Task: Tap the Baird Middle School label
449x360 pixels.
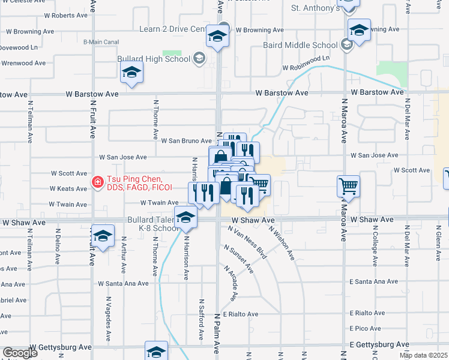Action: [x=300, y=45]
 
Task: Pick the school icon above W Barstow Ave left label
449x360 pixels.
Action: [x=131, y=73]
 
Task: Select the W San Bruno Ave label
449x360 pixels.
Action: [x=186, y=140]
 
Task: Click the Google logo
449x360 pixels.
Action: [x=19, y=353]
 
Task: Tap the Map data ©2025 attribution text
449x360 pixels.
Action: [x=423, y=355]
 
